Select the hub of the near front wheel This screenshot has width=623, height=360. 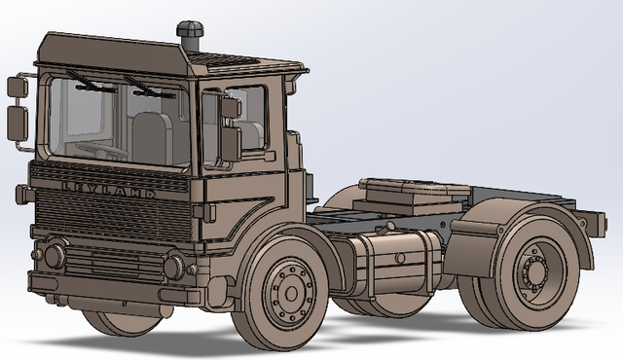coord(288,289)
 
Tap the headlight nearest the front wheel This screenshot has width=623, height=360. coord(174,266)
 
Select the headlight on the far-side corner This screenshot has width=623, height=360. coord(54,256)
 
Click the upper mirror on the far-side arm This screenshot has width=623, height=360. coord(16,88)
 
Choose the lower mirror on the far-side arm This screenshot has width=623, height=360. coord(17,123)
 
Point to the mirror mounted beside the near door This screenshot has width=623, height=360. coord(230,142)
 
